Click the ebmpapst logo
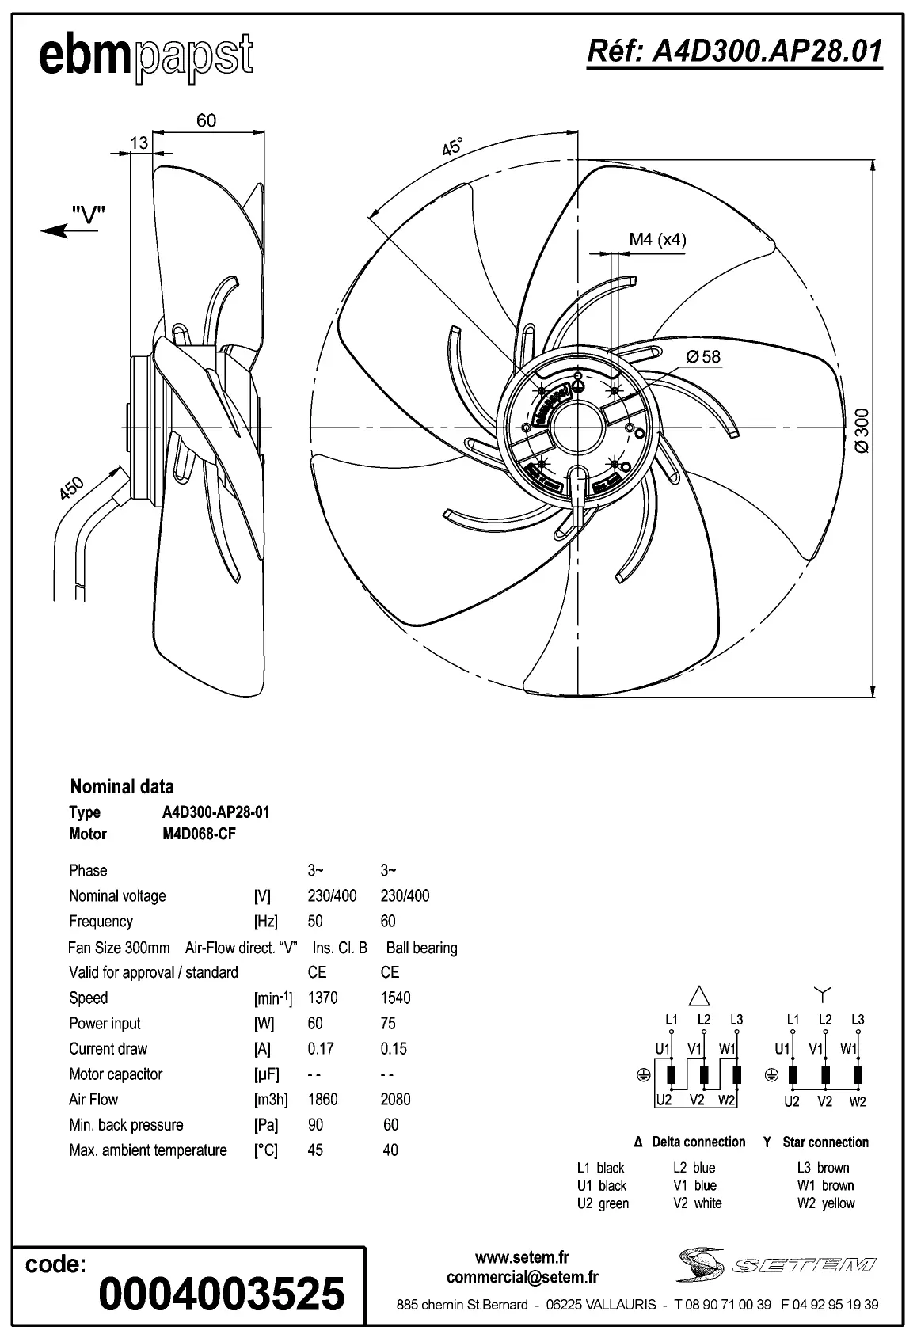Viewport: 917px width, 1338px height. [x=146, y=57]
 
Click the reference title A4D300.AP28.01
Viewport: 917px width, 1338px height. [x=734, y=51]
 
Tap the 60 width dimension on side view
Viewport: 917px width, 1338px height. [x=206, y=120]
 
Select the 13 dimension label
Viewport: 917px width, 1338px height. [x=139, y=143]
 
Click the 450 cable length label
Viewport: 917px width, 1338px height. [x=71, y=488]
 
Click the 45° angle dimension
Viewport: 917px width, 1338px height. [x=452, y=146]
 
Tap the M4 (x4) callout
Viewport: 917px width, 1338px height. [x=657, y=239]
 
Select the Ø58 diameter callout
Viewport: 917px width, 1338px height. [x=703, y=356]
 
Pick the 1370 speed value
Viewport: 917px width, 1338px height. [x=322, y=998]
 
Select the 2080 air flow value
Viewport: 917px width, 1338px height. [x=395, y=1099]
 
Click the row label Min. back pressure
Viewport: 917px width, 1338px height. [x=126, y=1124]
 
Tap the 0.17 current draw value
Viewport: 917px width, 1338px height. [x=321, y=1048]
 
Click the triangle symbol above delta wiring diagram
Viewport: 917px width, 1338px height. [x=700, y=995]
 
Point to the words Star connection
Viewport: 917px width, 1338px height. [x=825, y=1142]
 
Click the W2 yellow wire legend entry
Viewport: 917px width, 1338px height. [x=825, y=1203]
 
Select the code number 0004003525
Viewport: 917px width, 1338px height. [x=222, y=1293]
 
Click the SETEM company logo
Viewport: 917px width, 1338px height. [x=776, y=1264]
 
